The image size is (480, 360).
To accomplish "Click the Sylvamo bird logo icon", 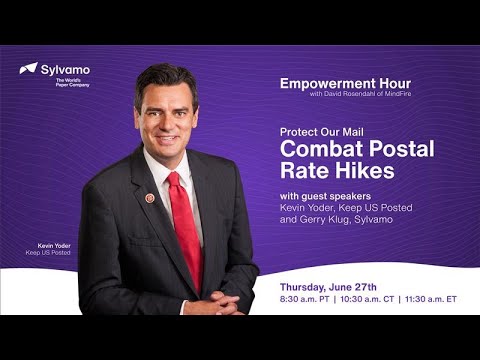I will (x=28, y=69).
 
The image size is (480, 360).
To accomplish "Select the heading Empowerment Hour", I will (x=345, y=83).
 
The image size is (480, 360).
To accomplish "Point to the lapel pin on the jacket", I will (x=150, y=198).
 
